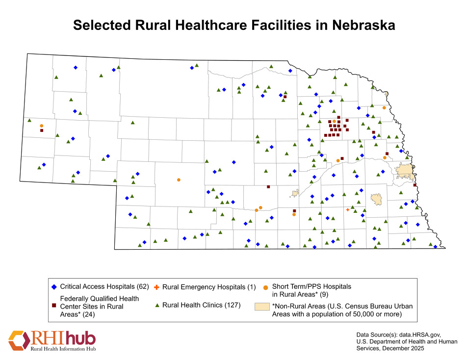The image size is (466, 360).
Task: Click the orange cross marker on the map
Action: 347,209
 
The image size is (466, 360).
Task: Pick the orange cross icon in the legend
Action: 156,286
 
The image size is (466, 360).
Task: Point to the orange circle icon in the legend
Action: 266,286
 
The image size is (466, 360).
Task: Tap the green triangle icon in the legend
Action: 156,306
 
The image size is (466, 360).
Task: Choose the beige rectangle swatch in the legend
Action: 262,306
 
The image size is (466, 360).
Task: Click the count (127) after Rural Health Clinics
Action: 232,306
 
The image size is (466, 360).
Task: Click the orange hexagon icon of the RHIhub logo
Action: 19,340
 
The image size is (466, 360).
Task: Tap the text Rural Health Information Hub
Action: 63,349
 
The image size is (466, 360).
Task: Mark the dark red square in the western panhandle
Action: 42,130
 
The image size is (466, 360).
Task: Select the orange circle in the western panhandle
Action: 42,126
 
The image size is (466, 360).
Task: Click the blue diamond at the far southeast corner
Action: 435,247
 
